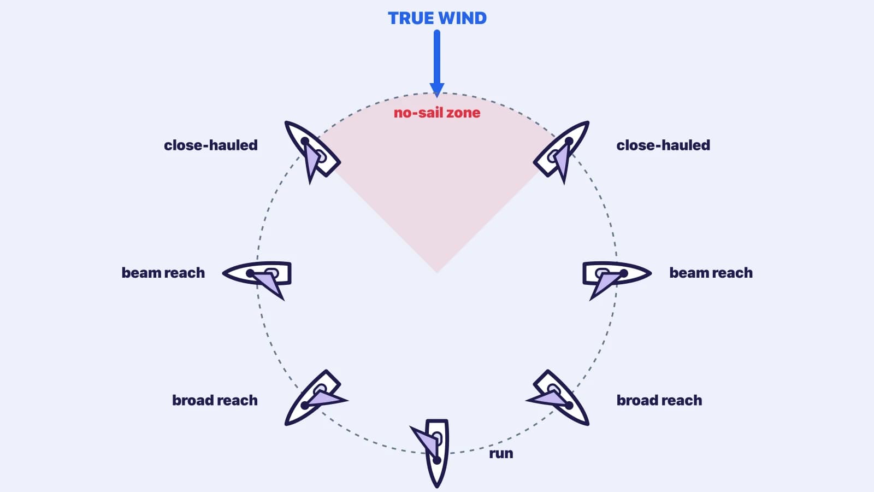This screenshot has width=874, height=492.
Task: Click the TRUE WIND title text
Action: [437, 19]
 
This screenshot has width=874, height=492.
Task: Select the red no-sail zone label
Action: [437, 113]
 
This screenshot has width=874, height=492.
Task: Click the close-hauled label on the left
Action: [211, 145]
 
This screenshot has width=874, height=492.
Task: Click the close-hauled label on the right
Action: [663, 145]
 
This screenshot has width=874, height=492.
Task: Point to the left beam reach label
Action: [163, 273]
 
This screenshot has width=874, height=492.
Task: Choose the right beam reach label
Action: [711, 273]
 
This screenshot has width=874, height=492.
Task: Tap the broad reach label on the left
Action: [215, 400]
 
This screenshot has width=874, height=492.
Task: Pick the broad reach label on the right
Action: [659, 400]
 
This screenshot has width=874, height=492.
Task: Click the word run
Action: [501, 453]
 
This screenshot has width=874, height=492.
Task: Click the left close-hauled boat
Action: [312, 150]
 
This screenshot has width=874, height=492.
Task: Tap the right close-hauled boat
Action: [562, 150]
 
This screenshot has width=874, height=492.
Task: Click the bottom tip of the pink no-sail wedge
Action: [437, 273]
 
